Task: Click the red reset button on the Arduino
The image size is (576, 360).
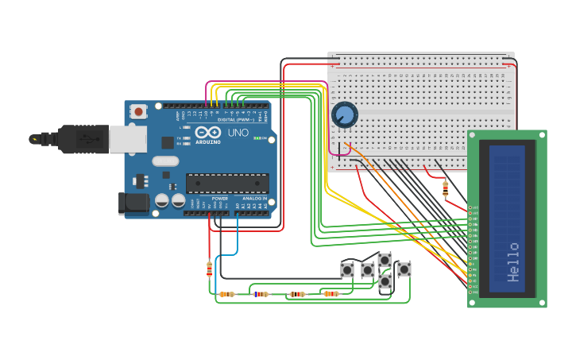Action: pos(139,112)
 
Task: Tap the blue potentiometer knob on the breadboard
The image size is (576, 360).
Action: pos(345,115)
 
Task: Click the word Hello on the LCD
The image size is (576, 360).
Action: pos(513,262)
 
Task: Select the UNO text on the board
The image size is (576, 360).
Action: pos(238,133)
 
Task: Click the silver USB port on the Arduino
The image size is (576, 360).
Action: pos(127,140)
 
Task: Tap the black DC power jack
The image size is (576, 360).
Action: pos(133,203)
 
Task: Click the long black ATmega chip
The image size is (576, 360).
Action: pos(226,183)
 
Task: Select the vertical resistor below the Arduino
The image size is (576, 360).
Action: pos(209,269)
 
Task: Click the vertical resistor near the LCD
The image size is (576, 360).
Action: pos(445,189)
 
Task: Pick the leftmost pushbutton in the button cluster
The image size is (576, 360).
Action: pos(347,270)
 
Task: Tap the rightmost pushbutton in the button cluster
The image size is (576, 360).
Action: pos(404,269)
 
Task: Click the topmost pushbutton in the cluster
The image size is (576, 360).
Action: pos(385,260)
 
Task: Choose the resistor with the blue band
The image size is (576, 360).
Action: pos(261,294)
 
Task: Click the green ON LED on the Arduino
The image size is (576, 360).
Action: pos(256,138)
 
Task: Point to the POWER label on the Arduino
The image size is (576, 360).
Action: pos(219,199)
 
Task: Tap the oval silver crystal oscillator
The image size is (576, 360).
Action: pos(166,161)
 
